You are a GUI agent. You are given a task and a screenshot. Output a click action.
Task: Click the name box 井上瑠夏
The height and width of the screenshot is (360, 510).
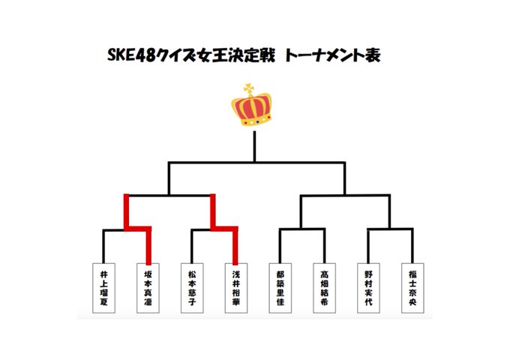point(103,287)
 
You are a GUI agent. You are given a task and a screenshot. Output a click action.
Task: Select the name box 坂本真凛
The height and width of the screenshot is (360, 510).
point(148,287)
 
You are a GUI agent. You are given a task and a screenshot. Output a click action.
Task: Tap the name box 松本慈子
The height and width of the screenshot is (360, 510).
point(193,287)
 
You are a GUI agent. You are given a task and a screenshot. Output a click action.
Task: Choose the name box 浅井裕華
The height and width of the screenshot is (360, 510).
point(236,287)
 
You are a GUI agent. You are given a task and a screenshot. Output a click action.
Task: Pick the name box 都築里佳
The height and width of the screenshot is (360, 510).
point(280,287)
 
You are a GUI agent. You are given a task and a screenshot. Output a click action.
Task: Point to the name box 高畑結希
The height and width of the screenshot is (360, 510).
point(324,287)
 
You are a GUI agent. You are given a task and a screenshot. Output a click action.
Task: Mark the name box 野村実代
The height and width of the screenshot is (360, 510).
point(368,287)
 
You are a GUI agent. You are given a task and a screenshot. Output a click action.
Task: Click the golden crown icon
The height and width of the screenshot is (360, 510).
point(253,109)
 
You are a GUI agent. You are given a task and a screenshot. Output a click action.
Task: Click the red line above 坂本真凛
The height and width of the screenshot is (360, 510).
point(148,244)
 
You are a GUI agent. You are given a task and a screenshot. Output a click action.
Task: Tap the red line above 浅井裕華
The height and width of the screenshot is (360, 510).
point(236,244)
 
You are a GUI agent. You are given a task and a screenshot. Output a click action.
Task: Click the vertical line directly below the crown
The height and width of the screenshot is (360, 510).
point(255,146)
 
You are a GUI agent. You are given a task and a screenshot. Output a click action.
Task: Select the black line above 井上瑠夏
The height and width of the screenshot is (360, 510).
point(103,246)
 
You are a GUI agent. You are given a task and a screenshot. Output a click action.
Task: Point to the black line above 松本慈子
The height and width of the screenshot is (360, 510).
point(193,246)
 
